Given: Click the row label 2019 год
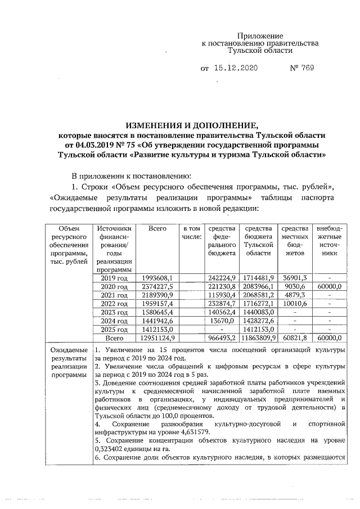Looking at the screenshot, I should point(114,278).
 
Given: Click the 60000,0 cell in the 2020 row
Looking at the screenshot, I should point(330,286).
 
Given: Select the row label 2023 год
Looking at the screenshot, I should point(114,312).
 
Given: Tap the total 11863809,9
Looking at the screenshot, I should point(258,338).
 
